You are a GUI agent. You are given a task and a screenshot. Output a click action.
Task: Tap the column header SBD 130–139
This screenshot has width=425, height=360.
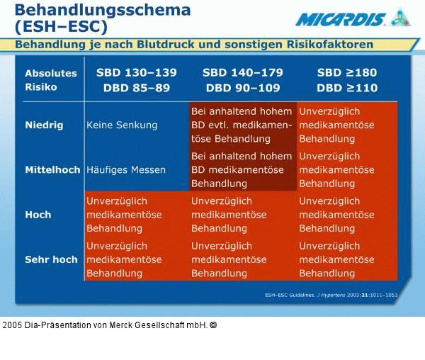[x=137, y=73]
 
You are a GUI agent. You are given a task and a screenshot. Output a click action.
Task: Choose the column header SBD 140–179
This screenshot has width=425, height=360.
[x=242, y=73]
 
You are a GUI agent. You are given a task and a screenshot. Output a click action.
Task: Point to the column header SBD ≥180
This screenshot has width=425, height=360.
[x=347, y=73]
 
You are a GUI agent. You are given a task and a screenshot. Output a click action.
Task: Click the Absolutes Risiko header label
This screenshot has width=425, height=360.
[x=51, y=80]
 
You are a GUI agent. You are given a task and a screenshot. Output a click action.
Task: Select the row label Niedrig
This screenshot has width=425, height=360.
[x=44, y=125]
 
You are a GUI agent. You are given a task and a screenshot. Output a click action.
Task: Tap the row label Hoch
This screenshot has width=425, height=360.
[x=38, y=215]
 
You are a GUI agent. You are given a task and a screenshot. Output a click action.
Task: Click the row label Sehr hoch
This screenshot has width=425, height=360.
[x=51, y=259]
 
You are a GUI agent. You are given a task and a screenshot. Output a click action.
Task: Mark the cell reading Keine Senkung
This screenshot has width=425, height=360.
[x=122, y=125]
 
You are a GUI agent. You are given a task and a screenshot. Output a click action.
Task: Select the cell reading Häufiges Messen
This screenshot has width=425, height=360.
[x=126, y=170]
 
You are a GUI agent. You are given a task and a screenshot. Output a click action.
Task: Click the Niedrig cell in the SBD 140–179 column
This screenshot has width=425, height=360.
[x=242, y=125]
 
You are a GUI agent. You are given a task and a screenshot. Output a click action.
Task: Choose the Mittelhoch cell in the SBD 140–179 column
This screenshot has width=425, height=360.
[x=242, y=170]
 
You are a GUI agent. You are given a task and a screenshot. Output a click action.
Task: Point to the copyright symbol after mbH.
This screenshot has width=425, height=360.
[x=213, y=325]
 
